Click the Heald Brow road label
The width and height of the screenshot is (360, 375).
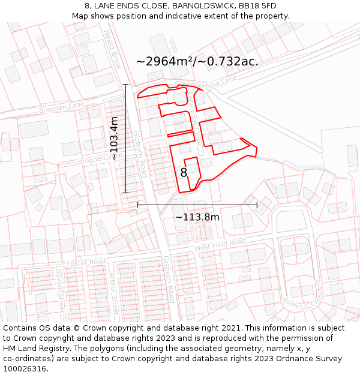[x=113, y=49]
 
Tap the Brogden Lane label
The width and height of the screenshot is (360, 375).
[x=62, y=108]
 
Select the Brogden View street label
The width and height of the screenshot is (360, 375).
[x=100, y=158]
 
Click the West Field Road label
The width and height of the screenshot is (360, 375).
[x=220, y=244]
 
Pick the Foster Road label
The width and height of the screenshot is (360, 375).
[x=86, y=262]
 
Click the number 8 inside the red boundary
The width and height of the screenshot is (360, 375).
[x=184, y=173]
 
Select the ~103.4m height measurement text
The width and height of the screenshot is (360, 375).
[x=113, y=138]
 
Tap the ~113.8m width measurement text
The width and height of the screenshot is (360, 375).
[x=197, y=217]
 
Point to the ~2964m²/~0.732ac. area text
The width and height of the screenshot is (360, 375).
[x=197, y=61]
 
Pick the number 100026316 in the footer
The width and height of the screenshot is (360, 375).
[x=25, y=369]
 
